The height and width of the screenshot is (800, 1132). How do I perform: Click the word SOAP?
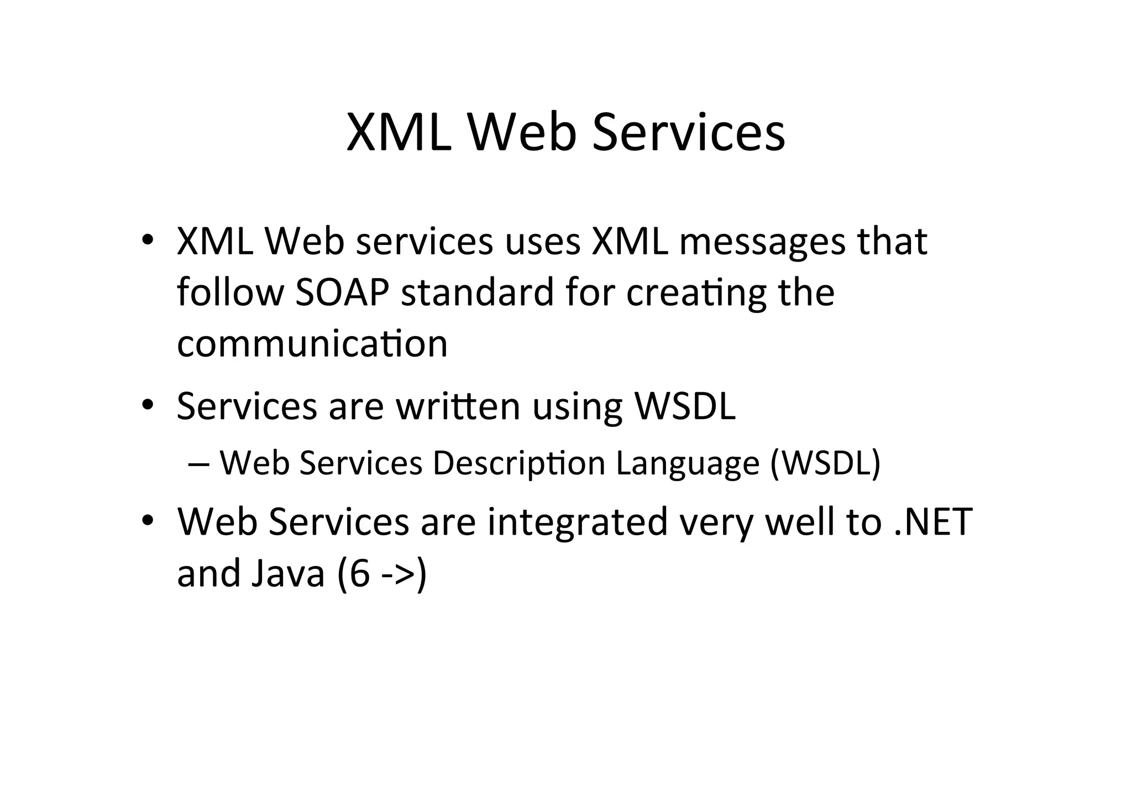pyautogui.click(x=342, y=292)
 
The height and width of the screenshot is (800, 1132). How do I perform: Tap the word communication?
pyautogui.click(x=312, y=344)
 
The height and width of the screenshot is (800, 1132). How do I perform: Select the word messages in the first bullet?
pyautogui.click(x=762, y=242)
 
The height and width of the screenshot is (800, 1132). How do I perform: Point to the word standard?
pyautogui.click(x=477, y=292)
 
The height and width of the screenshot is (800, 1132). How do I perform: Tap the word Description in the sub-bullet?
pyautogui.click(x=518, y=463)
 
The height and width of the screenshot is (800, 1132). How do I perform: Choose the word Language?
pyautogui.click(x=688, y=464)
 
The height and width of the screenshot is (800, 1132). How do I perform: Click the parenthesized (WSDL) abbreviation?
pyautogui.click(x=825, y=463)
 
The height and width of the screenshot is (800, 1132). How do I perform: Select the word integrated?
pyautogui.click(x=578, y=522)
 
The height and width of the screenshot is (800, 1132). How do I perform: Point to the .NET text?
pyautogui.click(x=932, y=522)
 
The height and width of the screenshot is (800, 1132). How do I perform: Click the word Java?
pyautogui.click(x=287, y=573)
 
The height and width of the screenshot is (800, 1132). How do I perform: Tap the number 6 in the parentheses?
pyautogui.click(x=359, y=573)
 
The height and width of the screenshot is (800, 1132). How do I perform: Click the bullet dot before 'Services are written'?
pyautogui.click(x=147, y=406)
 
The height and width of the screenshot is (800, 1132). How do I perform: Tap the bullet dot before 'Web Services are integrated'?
pyautogui.click(x=147, y=521)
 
